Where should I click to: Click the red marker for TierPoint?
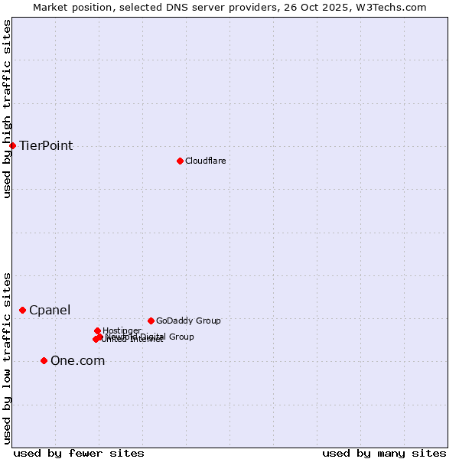pos(12,145)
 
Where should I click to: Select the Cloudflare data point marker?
pos(180,161)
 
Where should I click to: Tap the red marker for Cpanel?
pos(22,310)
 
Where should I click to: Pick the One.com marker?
pos(44,360)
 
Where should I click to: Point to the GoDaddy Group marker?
pos(151,321)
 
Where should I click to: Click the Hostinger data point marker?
pos(97,330)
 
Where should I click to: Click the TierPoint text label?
pos(46,146)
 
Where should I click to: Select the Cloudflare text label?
pos(205,161)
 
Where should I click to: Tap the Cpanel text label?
pos(50,311)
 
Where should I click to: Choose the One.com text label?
pos(77,361)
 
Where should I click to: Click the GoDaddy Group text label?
pos(188,321)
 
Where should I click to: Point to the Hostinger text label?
pos(122,330)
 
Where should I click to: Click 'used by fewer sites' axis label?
pos(79,453)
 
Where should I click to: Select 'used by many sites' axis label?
pos(384,453)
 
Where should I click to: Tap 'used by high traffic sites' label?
pos(7,109)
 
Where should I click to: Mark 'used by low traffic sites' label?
pos(7,357)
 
